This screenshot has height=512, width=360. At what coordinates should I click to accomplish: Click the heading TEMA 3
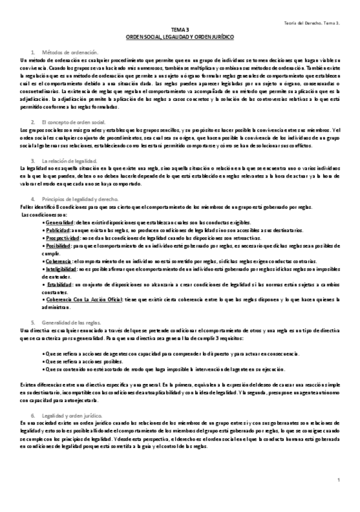(x=180, y=29)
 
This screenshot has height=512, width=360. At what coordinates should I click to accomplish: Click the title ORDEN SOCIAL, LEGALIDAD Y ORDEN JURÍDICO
(x=180, y=36)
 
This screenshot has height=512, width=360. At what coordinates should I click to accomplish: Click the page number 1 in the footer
(x=340, y=479)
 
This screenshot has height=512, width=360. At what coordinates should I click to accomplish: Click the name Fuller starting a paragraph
(x=27, y=206)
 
